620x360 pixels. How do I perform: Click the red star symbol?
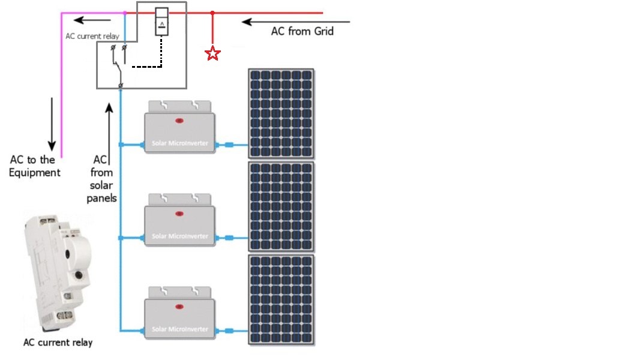[x=212, y=53]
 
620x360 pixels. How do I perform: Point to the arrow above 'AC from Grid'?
[x=295, y=22]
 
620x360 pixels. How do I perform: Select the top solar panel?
[x=281, y=113]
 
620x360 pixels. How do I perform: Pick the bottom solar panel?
[x=281, y=299]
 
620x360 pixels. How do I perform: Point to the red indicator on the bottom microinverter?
[x=179, y=307]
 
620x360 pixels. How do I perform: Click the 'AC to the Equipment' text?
[x=35, y=166]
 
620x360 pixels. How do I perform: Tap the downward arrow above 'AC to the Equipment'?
[x=52, y=123]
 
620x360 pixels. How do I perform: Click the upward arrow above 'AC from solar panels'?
[x=109, y=128]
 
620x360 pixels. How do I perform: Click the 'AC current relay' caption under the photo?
[x=58, y=343]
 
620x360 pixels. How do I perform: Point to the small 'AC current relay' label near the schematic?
[x=92, y=36]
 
